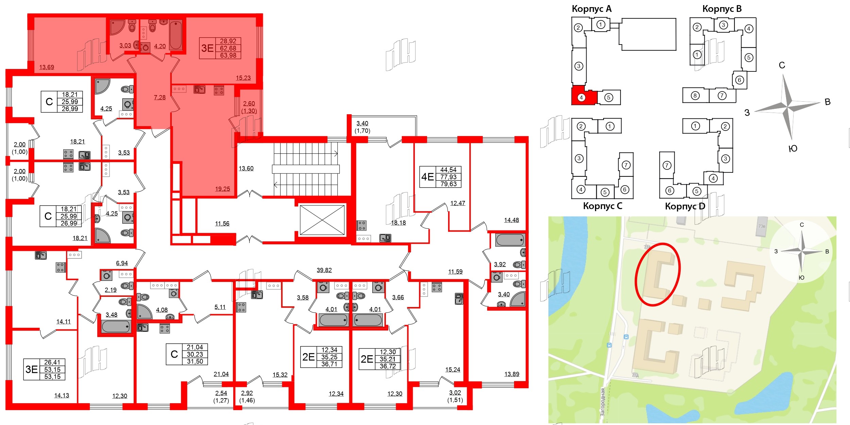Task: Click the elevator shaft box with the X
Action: click(x=322, y=220)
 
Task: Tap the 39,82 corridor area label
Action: click(x=324, y=270)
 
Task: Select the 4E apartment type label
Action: click(x=427, y=177)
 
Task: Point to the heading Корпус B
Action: click(x=722, y=9)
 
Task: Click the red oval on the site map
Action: click(x=657, y=274)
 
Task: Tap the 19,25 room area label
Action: click(x=222, y=189)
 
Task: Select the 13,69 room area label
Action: click(x=47, y=67)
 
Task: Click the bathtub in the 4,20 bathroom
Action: click(x=176, y=35)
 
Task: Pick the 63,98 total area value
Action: click(x=228, y=55)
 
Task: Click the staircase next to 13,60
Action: click(x=306, y=169)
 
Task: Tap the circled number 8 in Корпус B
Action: click(x=695, y=96)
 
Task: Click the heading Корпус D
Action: click(x=685, y=206)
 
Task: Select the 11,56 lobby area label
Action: click(x=222, y=224)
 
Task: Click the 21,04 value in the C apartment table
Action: click(x=195, y=347)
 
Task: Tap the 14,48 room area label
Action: click(x=511, y=220)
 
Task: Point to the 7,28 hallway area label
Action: click(x=160, y=98)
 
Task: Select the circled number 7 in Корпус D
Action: click(x=667, y=166)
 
